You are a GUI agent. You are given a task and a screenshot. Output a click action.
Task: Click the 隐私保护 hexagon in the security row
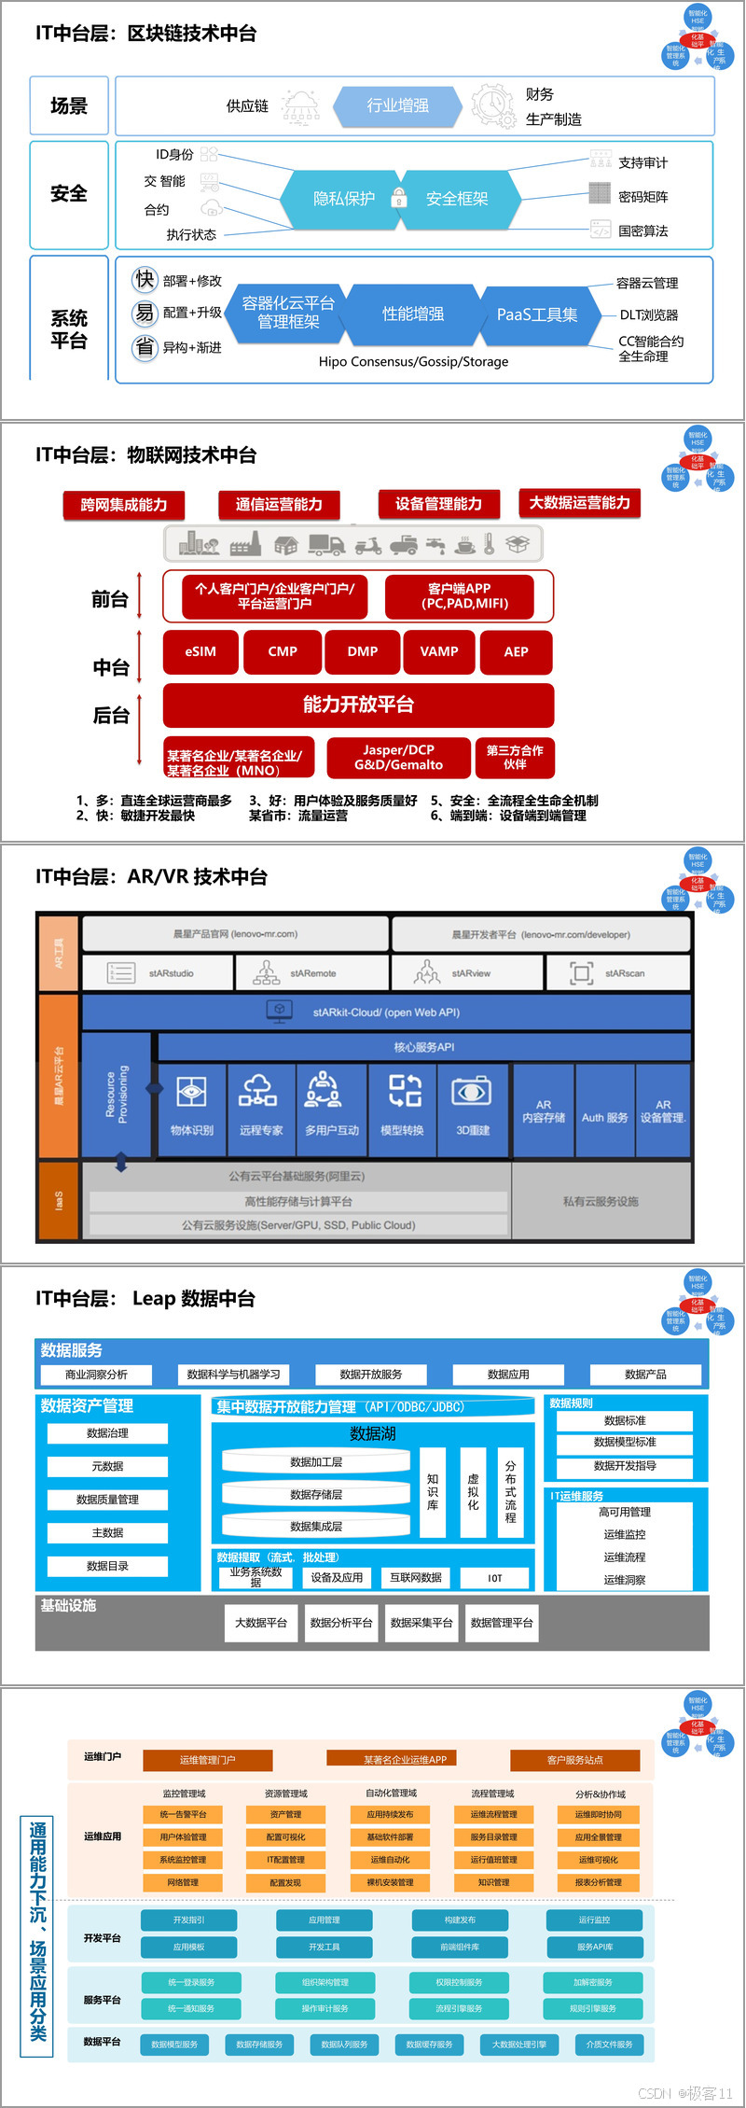(343, 199)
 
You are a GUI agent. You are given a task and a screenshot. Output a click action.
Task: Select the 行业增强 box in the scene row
(398, 105)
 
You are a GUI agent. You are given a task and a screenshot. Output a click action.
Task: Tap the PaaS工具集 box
(536, 315)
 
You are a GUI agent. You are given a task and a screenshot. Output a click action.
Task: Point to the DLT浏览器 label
(649, 315)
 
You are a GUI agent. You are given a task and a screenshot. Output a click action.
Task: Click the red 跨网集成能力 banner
(124, 505)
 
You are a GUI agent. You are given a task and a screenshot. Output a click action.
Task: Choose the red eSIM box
(200, 651)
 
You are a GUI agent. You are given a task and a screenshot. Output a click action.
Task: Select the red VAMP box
(439, 651)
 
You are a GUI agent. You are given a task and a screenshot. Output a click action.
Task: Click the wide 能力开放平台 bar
(358, 705)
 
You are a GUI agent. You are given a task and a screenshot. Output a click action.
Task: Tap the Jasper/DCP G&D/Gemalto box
(398, 758)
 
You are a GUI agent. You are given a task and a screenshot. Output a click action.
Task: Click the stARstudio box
(156, 973)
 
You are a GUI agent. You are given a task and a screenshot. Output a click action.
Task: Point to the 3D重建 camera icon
(472, 1091)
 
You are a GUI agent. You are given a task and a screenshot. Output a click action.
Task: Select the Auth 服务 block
(604, 1117)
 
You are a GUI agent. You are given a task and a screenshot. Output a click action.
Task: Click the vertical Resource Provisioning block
(117, 1094)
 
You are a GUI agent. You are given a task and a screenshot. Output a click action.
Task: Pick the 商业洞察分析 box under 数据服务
(97, 1375)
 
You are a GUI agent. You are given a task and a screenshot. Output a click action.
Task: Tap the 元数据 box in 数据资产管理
(108, 1466)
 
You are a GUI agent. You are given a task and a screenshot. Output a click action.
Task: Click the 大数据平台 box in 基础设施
(261, 1623)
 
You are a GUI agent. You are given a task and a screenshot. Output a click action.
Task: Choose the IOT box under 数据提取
(495, 1578)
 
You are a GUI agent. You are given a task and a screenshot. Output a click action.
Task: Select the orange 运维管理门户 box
(207, 1760)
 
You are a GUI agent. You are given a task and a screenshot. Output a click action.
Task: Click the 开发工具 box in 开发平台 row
(325, 1947)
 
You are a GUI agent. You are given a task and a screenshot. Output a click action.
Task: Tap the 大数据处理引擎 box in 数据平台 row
(519, 2045)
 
